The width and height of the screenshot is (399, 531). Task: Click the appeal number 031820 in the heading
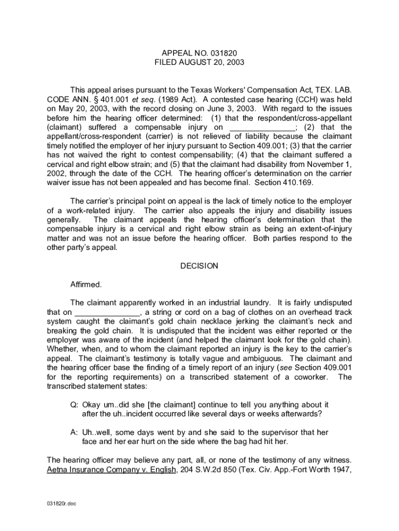[224, 53]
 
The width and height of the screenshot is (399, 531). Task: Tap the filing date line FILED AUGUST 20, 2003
[199, 62]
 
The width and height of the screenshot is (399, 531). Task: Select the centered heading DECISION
[199, 266]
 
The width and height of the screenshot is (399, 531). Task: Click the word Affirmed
[86, 285]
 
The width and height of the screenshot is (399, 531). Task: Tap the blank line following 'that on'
[108, 312]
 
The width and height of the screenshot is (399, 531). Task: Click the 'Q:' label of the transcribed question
[75, 404]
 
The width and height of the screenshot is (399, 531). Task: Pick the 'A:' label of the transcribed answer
[75, 432]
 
